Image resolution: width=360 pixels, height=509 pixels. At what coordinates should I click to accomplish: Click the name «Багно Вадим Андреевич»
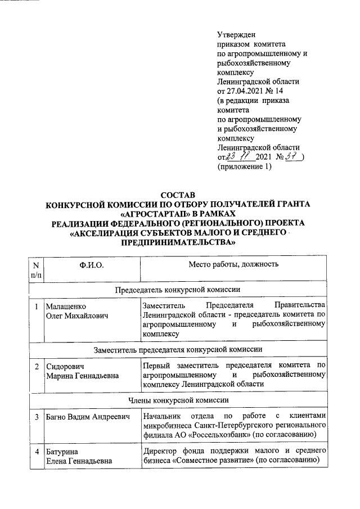coord(88,417)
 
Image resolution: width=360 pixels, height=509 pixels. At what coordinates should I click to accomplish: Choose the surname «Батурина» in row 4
coord(63,452)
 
